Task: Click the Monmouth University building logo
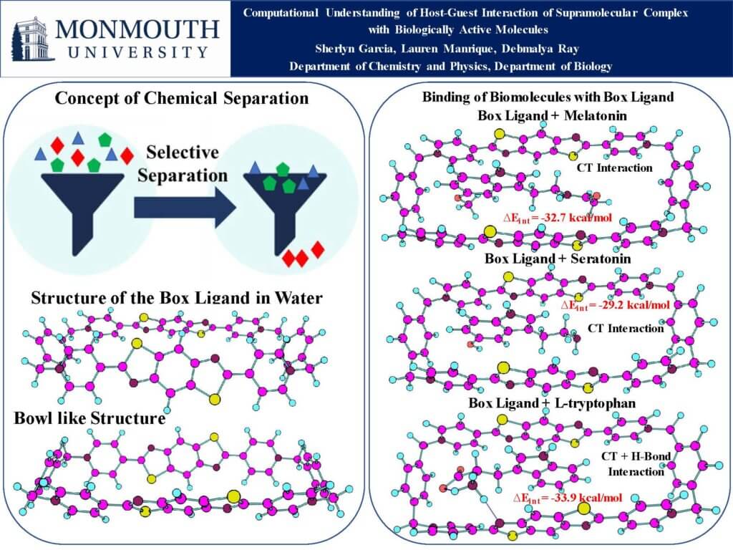tap(31, 39)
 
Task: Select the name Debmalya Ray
tap(543, 49)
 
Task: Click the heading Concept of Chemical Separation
tap(182, 98)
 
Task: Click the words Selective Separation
tap(185, 163)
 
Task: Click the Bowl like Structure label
tap(89, 418)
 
